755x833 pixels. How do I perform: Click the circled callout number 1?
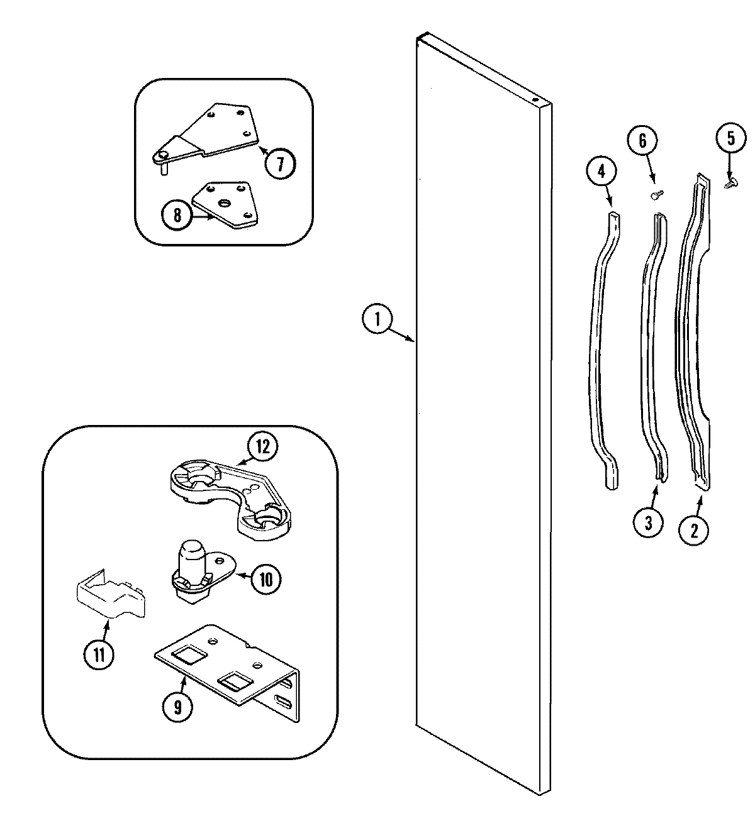click(377, 320)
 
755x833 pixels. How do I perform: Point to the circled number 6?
click(642, 141)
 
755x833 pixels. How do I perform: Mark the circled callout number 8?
click(177, 216)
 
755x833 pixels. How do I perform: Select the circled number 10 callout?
click(266, 579)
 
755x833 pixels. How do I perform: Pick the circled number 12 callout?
click(262, 447)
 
